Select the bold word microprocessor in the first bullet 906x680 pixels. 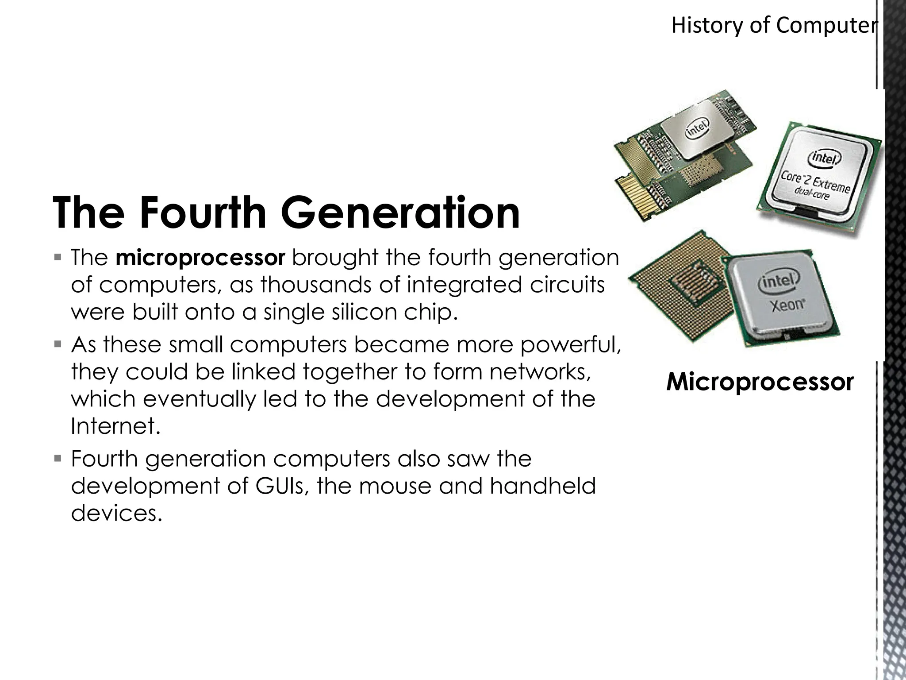(200, 258)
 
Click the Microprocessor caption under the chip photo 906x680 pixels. (760, 382)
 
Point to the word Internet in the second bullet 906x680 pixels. (114, 426)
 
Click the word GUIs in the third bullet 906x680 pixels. (280, 486)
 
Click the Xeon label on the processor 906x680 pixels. (787, 305)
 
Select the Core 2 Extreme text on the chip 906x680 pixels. (815, 182)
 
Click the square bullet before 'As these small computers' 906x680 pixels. (58, 344)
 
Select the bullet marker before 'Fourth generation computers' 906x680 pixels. (58, 458)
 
